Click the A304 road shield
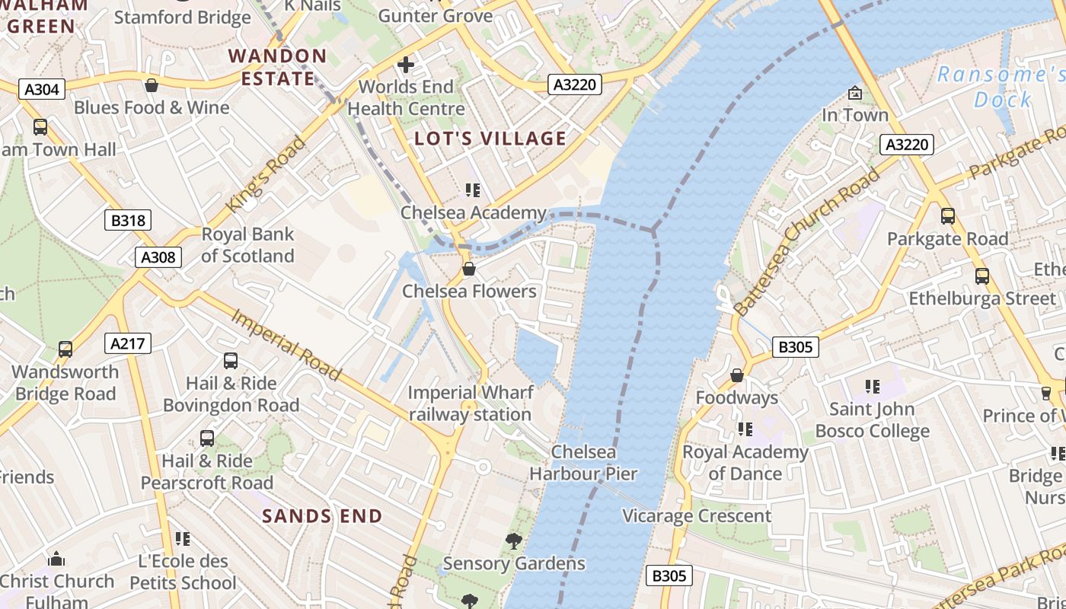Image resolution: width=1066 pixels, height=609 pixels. (41, 90)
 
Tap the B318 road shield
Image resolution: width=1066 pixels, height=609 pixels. (127, 221)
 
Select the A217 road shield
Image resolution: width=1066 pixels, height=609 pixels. (127, 344)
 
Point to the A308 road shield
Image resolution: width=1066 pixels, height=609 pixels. (158, 257)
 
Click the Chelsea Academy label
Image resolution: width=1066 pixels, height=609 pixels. (474, 212)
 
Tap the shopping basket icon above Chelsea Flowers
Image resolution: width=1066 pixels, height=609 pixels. (469, 269)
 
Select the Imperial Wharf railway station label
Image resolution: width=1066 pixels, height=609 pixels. (469, 403)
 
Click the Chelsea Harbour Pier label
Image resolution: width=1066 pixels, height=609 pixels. (583, 463)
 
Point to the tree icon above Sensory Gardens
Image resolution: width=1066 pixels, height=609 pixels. (514, 541)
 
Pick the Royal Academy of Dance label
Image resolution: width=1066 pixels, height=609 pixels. (745, 463)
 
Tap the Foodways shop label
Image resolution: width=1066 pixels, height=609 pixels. (736, 397)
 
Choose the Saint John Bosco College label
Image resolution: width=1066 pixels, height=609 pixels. (872, 420)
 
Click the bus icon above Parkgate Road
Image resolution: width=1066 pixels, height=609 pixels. (947, 216)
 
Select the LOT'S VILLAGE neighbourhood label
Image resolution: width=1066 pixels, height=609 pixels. (490, 139)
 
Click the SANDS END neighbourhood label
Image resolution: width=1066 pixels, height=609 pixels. (322, 516)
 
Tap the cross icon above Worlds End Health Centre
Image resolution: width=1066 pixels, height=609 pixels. (406, 64)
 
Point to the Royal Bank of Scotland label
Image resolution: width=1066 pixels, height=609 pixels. (247, 245)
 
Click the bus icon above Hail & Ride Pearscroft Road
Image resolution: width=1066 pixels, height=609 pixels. (207, 438)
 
